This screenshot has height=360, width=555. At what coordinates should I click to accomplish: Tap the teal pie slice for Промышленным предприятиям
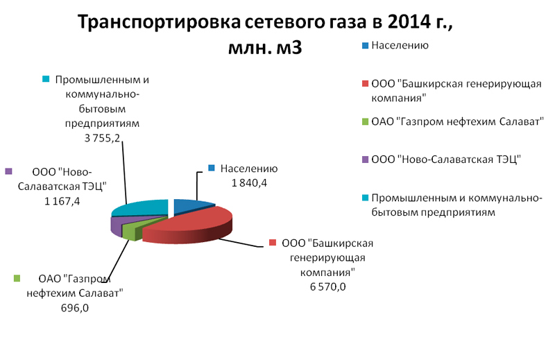coord(142,208)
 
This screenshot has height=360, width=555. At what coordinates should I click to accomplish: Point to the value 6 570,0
coord(327,286)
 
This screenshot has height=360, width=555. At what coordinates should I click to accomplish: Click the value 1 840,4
coord(249,183)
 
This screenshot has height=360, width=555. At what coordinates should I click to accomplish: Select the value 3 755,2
coord(102,138)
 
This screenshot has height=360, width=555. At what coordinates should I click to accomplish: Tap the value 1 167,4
coord(62,201)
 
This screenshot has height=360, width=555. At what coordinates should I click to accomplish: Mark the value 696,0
coord(75,308)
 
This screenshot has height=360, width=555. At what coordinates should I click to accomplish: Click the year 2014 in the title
coord(409,22)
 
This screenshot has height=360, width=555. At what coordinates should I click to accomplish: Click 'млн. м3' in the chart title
coord(265,47)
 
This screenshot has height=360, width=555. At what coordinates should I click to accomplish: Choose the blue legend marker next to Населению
coord(366,46)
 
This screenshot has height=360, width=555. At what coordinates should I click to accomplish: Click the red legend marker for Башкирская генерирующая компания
coord(366,84)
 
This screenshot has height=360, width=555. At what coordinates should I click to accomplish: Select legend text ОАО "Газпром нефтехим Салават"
coord(457,122)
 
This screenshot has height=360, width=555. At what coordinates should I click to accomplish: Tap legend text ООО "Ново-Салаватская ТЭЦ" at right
coord(446,160)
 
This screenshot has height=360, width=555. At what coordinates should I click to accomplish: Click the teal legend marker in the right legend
coord(366,198)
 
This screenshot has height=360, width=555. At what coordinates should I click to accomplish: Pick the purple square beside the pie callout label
coord(8,172)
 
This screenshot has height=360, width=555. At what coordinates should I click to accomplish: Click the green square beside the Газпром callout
coord(17,279)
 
